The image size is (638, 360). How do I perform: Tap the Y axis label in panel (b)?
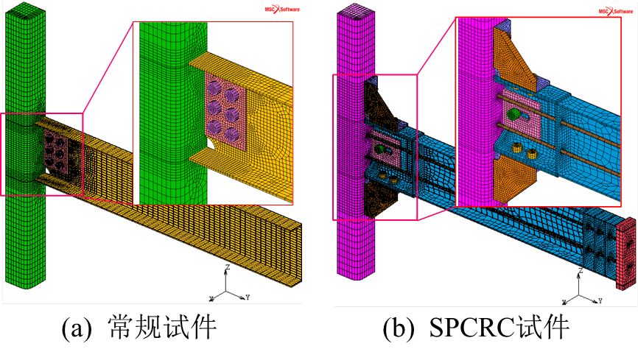pyautogui.click(x=602, y=300)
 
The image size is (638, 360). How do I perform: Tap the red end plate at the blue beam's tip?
pyautogui.click(x=626, y=247)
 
